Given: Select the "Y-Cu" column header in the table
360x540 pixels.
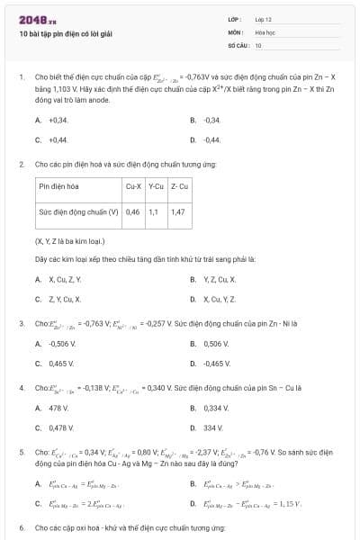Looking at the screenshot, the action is pos(155,185).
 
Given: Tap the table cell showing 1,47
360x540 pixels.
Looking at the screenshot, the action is pos(177,212).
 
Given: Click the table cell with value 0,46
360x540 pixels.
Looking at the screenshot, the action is pos(133,212).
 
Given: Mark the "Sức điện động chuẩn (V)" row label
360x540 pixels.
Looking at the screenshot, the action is pos(79,212).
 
